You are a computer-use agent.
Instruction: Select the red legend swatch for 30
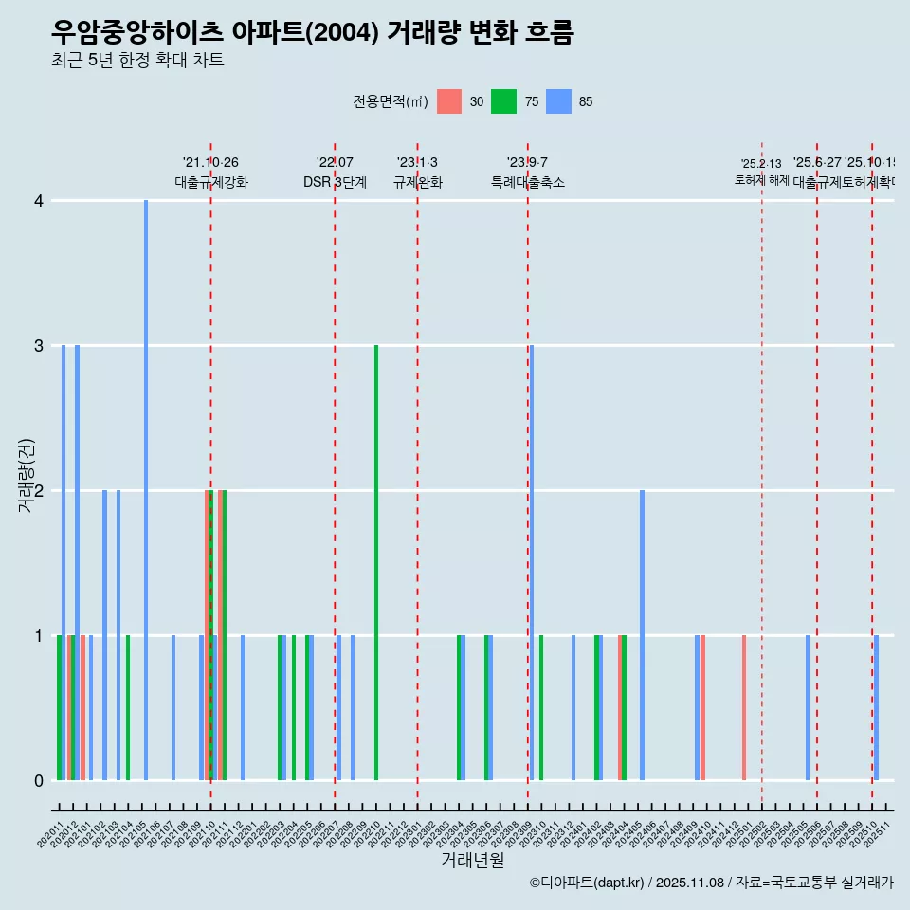click(x=449, y=101)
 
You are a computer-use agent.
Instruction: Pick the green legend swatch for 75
click(x=503, y=101)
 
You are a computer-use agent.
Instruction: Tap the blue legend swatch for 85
click(x=558, y=101)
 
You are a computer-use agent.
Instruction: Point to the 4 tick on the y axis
click(x=38, y=201)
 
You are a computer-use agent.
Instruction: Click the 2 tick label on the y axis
click(x=38, y=491)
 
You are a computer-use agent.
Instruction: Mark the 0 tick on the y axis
click(x=38, y=781)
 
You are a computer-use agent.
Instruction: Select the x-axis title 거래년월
click(x=472, y=861)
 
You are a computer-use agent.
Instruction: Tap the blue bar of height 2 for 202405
click(x=642, y=635)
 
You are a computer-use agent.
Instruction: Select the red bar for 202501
click(x=744, y=708)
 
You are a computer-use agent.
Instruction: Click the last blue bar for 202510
click(x=877, y=708)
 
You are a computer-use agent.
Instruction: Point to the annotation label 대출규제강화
click(x=211, y=183)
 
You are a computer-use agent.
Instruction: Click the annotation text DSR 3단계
click(x=335, y=183)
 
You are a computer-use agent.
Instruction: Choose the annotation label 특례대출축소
click(x=528, y=183)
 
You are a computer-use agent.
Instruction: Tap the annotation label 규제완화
click(x=418, y=183)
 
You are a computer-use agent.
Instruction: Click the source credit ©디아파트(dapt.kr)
click(x=587, y=883)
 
